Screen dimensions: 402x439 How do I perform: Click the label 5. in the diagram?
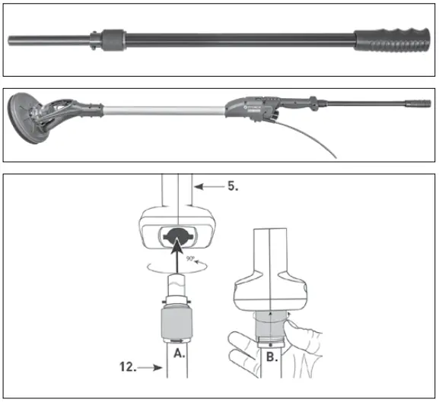230,184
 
